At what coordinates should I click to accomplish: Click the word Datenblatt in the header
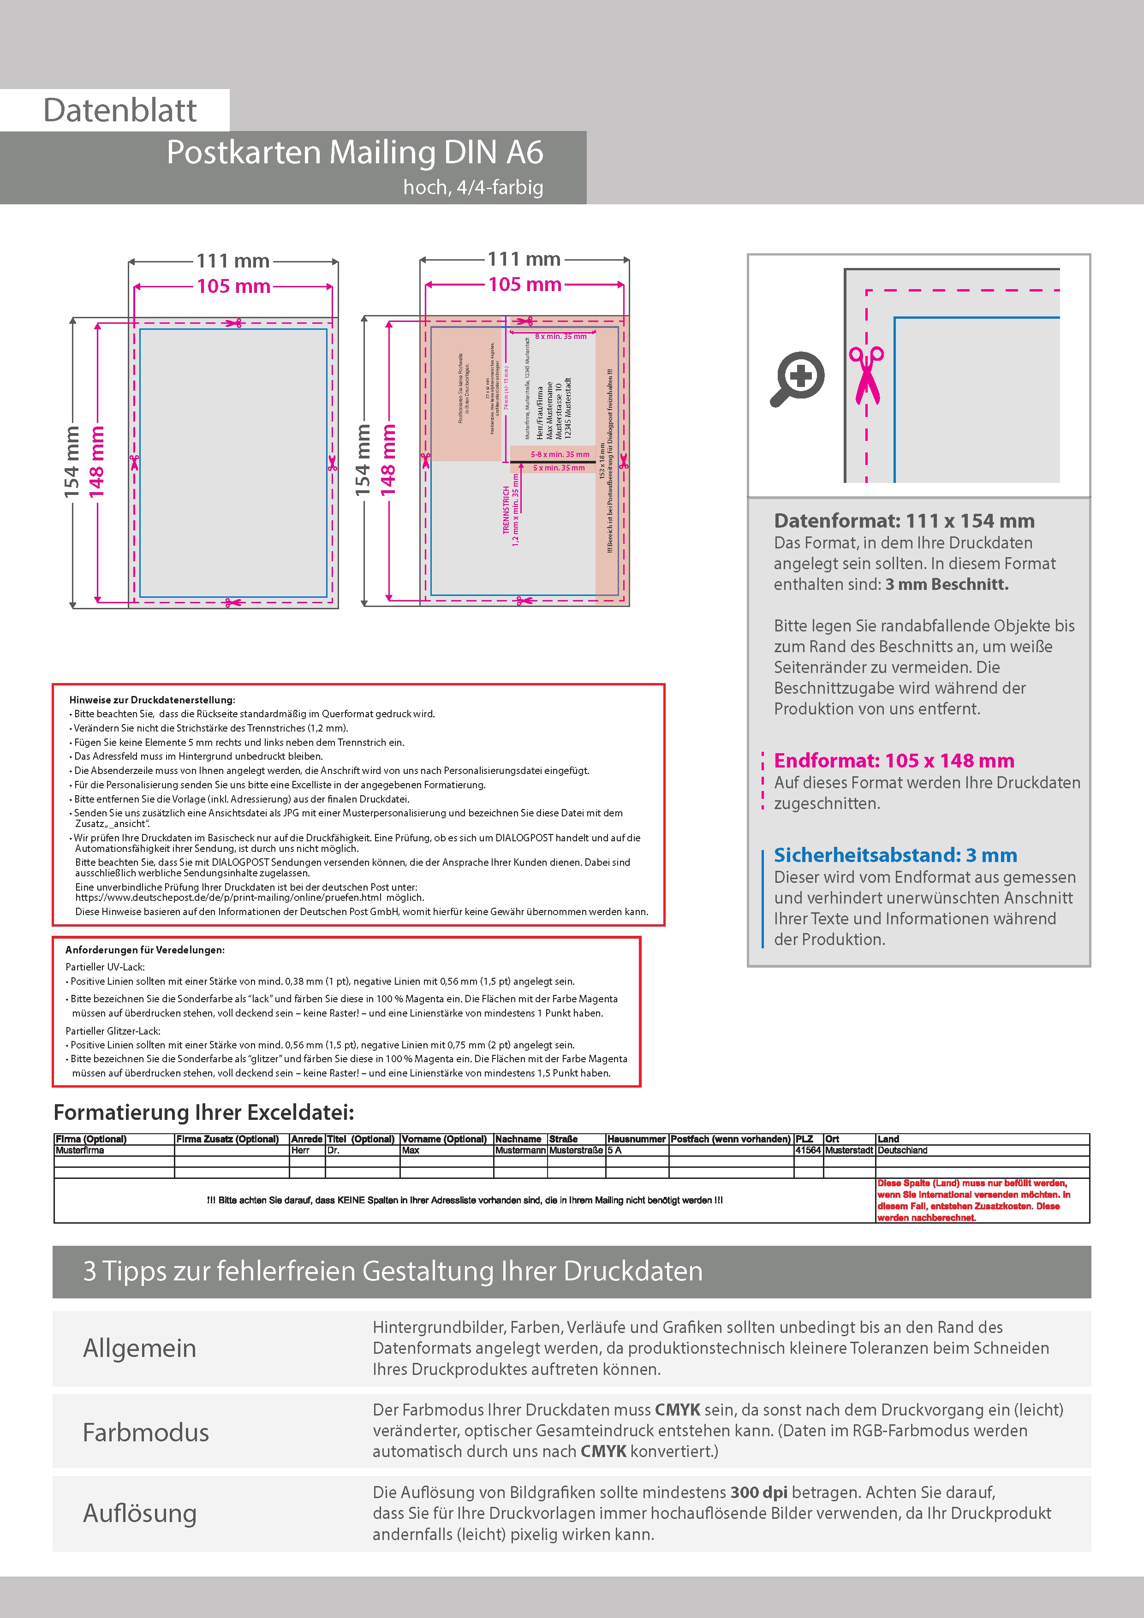120,111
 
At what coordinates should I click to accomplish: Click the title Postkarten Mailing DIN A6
355,152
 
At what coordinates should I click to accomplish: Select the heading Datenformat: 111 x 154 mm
904,521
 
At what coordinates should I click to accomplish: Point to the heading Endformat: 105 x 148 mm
894,761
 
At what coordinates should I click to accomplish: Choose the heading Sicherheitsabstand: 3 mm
895,855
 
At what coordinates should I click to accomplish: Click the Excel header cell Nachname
518,1139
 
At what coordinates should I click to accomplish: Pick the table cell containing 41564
808,1150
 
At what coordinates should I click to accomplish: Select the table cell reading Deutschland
902,1150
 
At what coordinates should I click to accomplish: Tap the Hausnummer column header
636,1139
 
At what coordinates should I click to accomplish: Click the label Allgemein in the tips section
140,1348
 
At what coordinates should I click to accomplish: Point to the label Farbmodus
146,1433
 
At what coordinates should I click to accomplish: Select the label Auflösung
140,1513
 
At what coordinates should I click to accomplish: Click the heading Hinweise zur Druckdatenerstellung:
152,700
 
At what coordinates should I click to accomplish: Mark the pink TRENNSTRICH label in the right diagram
506,510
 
